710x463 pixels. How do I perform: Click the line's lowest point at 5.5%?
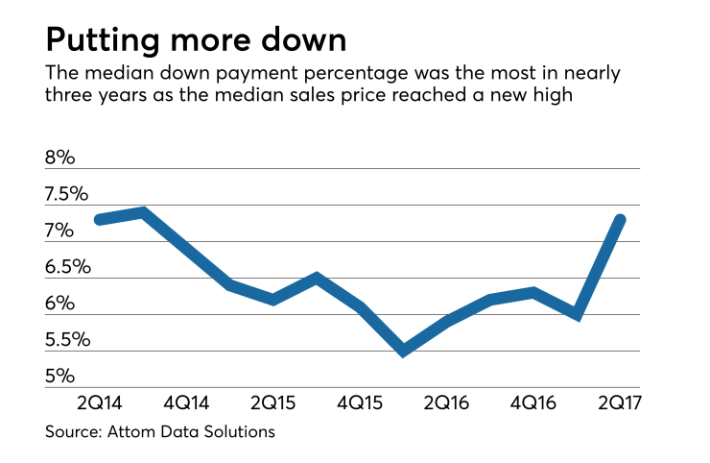(404, 351)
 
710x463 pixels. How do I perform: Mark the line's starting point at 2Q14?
(99, 220)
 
